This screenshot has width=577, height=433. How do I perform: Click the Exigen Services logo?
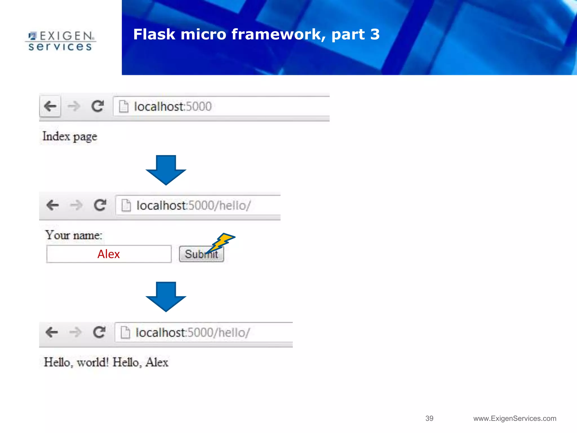click(61, 41)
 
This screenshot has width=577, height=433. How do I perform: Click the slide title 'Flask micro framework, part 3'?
click(256, 34)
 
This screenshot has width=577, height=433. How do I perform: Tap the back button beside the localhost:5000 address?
click(50, 106)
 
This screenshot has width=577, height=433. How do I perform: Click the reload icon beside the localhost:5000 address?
click(97, 106)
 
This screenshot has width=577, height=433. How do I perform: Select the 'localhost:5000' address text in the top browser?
click(172, 107)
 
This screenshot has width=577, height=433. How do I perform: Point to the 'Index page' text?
click(70, 137)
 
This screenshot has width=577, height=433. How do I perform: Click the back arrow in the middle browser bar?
click(52, 205)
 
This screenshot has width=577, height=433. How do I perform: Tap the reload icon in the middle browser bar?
click(100, 205)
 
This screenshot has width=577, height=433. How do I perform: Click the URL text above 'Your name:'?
click(193, 206)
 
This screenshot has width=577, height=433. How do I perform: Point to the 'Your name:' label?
click(74, 235)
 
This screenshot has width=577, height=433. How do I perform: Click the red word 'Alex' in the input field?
click(108, 254)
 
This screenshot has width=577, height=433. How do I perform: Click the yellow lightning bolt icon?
click(221, 242)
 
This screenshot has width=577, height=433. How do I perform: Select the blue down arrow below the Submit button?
click(166, 296)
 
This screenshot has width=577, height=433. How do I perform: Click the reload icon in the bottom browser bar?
click(99, 332)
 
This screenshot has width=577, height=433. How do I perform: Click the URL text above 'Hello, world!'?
click(192, 333)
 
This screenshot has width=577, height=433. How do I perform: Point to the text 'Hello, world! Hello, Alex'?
click(106, 362)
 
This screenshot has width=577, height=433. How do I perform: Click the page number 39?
click(429, 418)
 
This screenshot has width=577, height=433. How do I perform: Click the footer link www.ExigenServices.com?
click(515, 418)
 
